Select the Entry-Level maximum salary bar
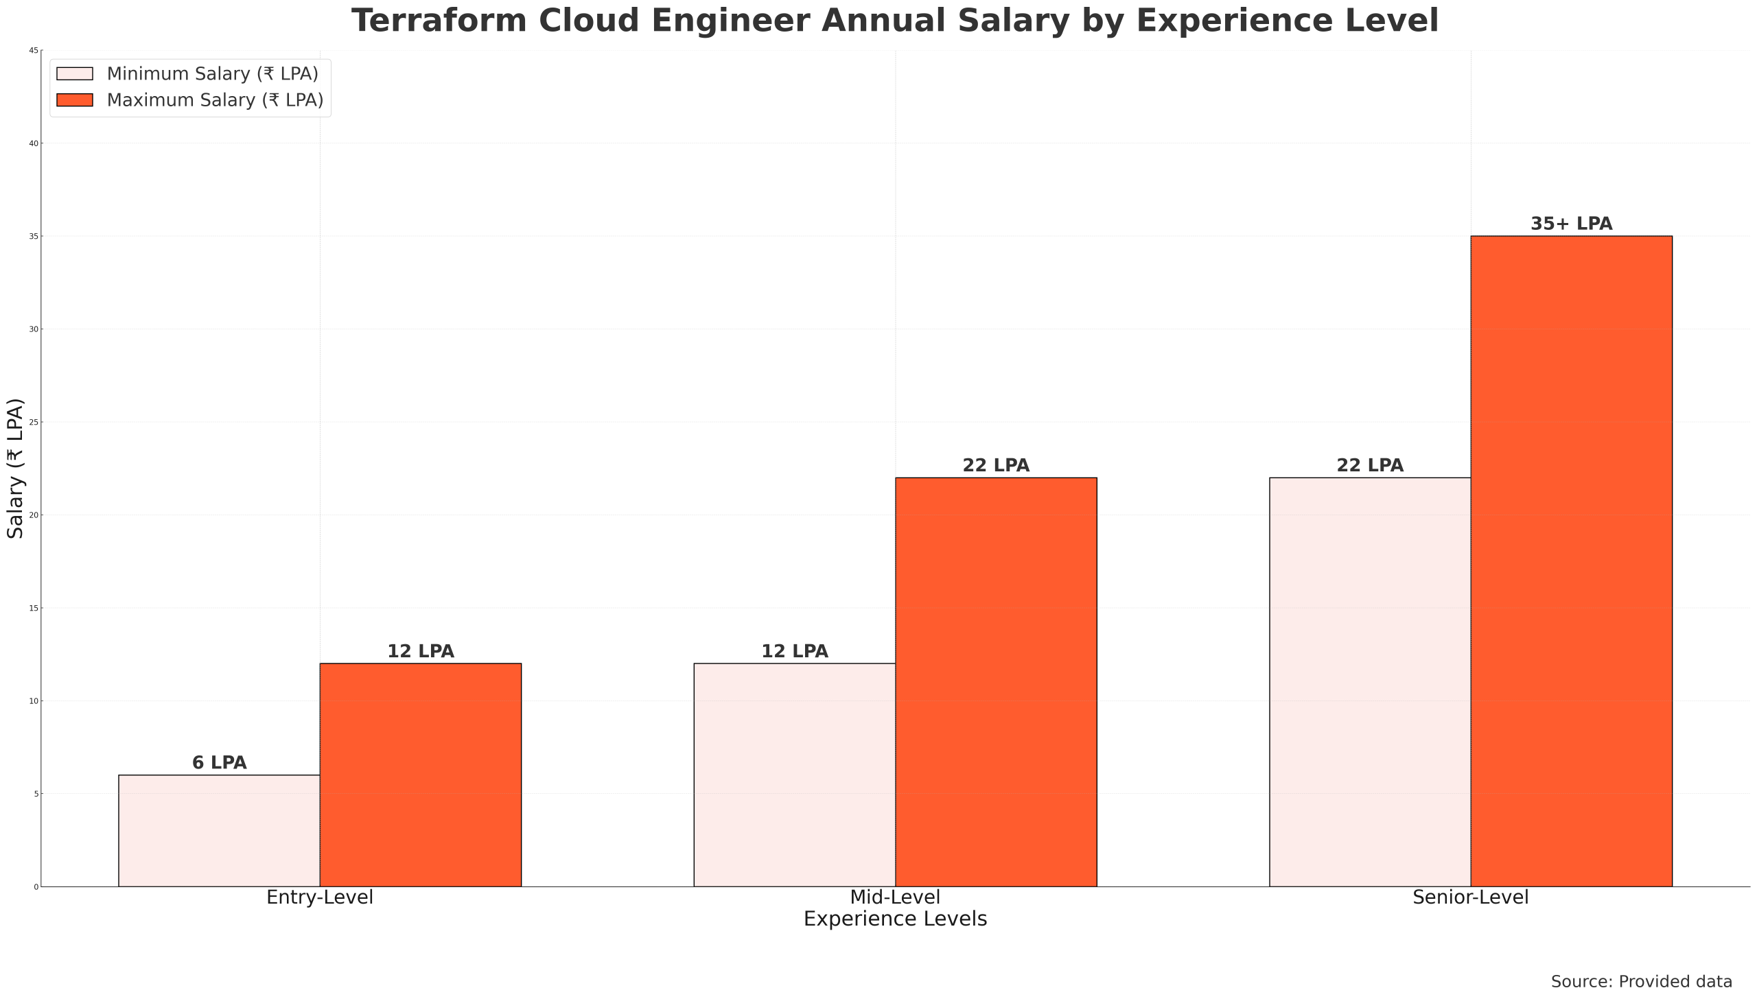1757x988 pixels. coord(421,775)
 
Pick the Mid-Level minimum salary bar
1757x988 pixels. coord(795,775)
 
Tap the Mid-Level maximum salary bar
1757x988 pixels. coord(996,682)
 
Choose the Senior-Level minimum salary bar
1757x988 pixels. coord(1370,682)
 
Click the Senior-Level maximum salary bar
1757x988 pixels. coord(1571,561)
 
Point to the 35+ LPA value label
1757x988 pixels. coord(1571,224)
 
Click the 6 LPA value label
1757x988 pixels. coord(219,763)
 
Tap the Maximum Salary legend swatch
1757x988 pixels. coord(75,100)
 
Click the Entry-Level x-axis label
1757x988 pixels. coord(320,897)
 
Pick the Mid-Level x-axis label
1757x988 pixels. coord(895,897)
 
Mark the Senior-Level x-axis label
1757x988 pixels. coord(1470,897)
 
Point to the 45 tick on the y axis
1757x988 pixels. coord(34,51)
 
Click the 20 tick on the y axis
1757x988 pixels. coord(34,515)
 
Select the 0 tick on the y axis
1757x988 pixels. coord(36,887)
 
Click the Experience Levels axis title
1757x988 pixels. coord(895,919)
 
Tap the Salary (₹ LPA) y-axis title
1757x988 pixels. coord(15,468)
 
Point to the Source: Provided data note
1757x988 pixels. coord(1641,982)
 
